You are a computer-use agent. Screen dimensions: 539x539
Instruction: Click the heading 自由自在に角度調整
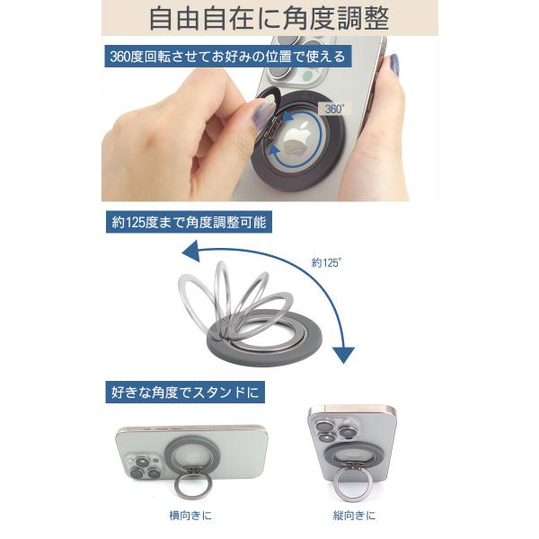[269, 18]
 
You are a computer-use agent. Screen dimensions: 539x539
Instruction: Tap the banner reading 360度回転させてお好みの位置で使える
[227, 56]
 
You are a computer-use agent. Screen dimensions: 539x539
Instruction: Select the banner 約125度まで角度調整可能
[189, 222]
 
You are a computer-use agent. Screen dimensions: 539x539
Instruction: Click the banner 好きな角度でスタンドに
[185, 392]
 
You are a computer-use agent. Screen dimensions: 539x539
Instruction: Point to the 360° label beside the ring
[334, 109]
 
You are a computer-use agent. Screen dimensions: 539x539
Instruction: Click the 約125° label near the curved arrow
[327, 263]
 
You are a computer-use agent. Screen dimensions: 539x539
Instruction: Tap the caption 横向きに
[190, 516]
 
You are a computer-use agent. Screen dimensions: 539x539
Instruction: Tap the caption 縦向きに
[354, 516]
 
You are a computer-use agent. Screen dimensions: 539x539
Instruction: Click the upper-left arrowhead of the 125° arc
[191, 252]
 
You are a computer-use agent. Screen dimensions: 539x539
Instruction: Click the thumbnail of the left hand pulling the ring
[263, 111]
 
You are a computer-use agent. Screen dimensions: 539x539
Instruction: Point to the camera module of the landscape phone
[144, 467]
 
